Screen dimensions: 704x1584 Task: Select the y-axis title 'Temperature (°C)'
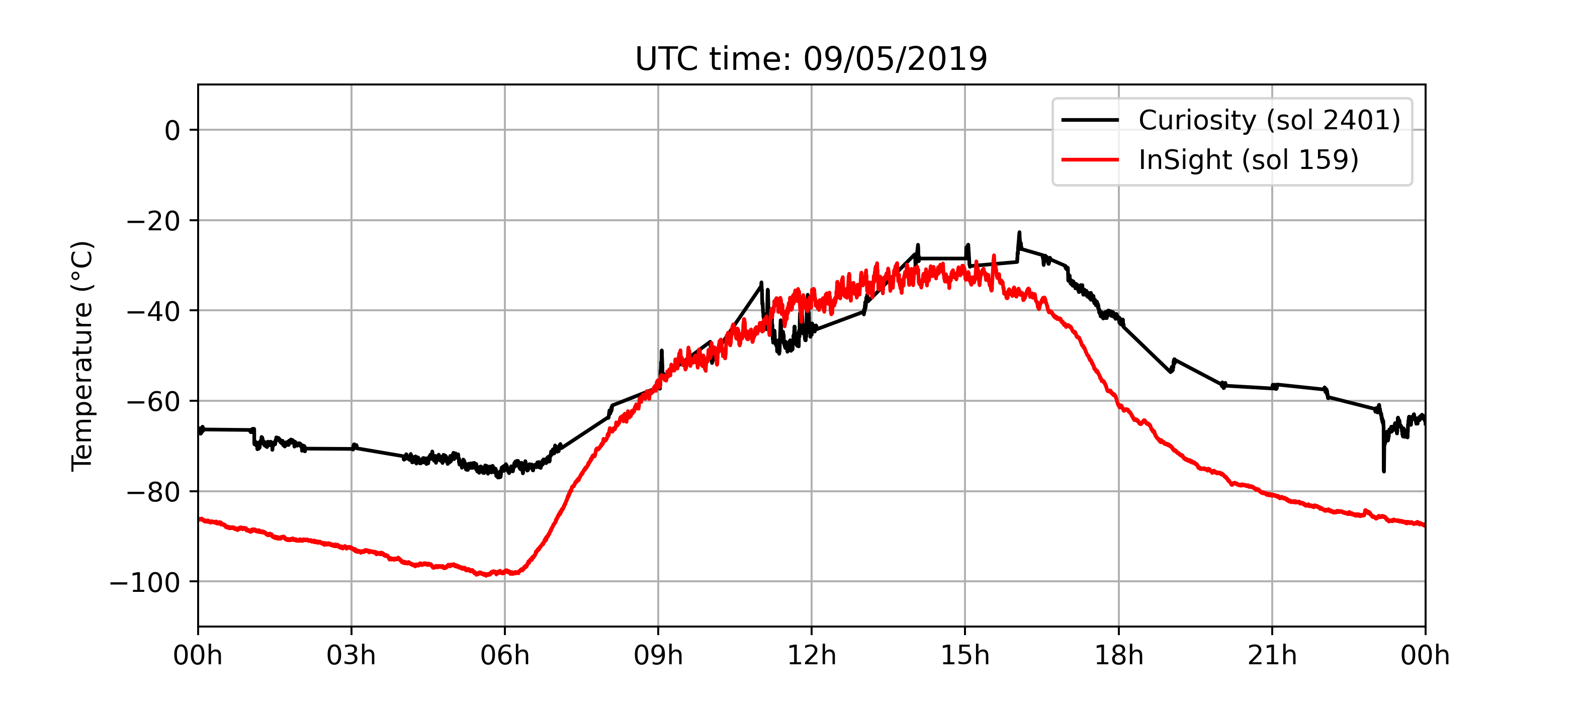tap(82, 356)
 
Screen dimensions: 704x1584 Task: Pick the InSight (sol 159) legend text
tap(1248, 160)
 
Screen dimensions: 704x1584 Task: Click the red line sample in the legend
tap(1090, 160)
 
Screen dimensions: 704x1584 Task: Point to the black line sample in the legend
tap(1090, 120)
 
